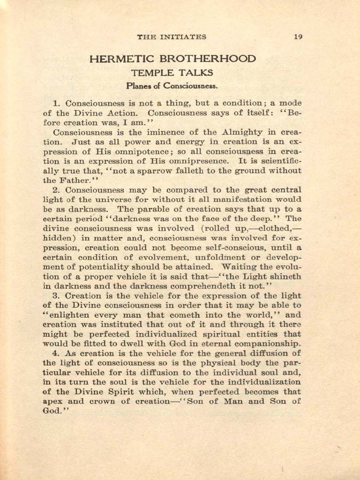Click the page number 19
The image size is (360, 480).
[x=298, y=37]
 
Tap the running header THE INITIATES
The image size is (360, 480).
[x=172, y=37]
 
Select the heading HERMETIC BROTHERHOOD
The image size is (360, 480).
[x=172, y=59]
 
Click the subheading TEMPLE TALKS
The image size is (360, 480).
[x=172, y=73]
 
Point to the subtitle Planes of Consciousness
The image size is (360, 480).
[x=172, y=86]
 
